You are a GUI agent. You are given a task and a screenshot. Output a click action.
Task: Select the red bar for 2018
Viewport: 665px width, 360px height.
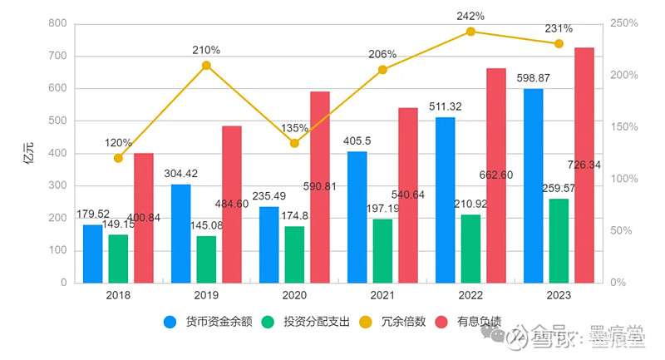tap(144, 218)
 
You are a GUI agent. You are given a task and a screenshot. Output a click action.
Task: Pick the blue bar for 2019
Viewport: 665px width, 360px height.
tap(180, 234)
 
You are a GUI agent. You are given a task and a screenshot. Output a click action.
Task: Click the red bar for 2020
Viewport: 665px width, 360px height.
tap(320, 187)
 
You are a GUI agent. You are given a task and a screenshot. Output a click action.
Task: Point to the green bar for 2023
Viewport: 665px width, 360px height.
tap(559, 240)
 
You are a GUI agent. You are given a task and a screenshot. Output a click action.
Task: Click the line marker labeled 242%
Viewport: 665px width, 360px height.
tap(470, 32)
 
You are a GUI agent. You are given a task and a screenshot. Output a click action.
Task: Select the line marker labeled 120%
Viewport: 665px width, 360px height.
tap(118, 158)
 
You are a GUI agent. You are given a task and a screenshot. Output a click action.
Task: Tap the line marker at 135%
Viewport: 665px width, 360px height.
tap(294, 143)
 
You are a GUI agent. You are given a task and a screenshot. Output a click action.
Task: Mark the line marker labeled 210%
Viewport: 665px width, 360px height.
tap(206, 65)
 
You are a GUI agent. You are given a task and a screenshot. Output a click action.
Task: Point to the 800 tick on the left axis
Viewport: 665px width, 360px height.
tap(57, 23)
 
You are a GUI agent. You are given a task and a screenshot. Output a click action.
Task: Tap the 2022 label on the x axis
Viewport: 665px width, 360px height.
tap(470, 295)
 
